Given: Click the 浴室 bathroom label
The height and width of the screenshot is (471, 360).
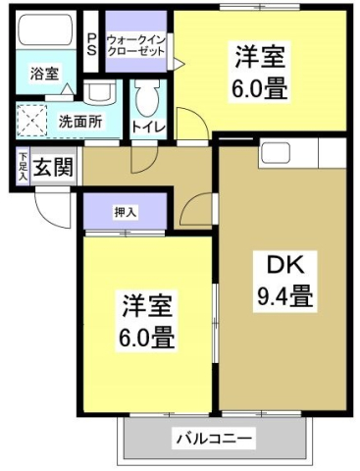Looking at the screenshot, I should (44, 74).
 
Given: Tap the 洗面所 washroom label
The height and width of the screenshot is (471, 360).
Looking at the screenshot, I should (79, 123).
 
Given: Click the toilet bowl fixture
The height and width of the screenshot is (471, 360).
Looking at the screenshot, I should (148, 97).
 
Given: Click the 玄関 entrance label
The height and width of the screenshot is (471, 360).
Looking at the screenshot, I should (53, 167).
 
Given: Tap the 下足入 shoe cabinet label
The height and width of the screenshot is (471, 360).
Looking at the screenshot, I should (23, 164).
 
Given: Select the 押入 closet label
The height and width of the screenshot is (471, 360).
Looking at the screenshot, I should (125, 210).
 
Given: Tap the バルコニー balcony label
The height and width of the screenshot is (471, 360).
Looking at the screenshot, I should (214, 438).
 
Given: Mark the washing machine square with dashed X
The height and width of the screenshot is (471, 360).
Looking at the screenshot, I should (34, 122).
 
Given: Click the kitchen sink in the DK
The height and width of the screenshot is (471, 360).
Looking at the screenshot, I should (276, 154).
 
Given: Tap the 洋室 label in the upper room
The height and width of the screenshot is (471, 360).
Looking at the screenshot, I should (259, 57).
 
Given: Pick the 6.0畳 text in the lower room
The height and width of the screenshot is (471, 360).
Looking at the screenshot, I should (146, 340).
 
